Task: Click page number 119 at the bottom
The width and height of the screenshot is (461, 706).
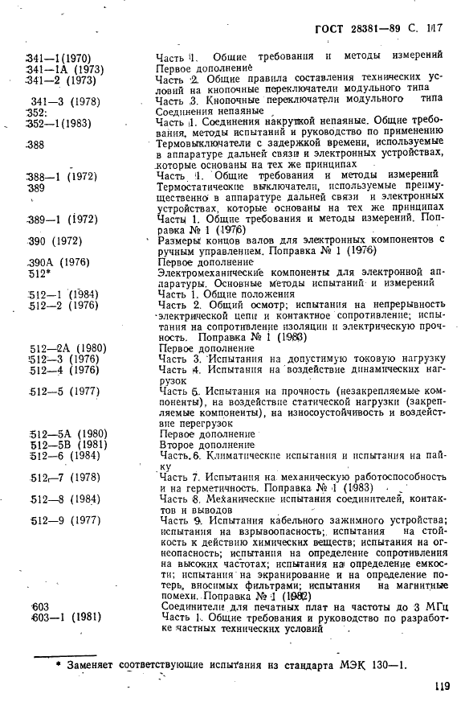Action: click(439, 685)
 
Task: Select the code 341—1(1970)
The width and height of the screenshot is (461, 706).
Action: click(59, 57)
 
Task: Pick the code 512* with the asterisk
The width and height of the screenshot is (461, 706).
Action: click(41, 273)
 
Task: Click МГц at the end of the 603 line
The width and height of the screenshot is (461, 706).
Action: click(434, 605)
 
